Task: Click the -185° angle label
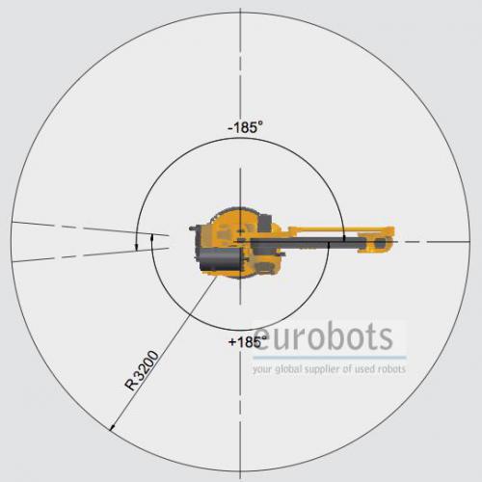(x=245, y=127)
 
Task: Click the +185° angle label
(x=248, y=341)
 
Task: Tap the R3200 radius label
(x=142, y=370)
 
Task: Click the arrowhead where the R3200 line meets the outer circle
(x=112, y=427)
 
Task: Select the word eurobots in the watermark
(x=323, y=337)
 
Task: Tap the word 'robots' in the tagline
(x=391, y=369)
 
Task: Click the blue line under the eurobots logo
(x=330, y=358)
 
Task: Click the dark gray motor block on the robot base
(x=220, y=258)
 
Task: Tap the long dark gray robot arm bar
(x=308, y=243)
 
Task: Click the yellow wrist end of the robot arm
(x=380, y=242)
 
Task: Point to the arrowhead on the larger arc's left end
(x=137, y=247)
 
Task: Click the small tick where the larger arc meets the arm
(x=344, y=238)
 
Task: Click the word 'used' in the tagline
(x=362, y=369)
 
